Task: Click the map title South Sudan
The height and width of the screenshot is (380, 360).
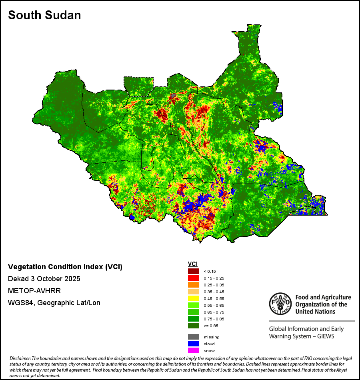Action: [x=44, y=15]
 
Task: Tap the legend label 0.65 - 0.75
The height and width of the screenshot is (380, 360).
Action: [x=213, y=312]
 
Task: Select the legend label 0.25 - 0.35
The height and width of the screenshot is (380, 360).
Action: [x=213, y=285]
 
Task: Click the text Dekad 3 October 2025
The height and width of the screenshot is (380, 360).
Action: [x=44, y=279]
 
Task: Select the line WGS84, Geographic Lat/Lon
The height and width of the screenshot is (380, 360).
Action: [x=54, y=303]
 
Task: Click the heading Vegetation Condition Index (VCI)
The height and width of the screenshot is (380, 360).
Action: [x=65, y=267]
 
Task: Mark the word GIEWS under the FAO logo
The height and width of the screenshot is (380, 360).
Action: [x=325, y=336]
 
